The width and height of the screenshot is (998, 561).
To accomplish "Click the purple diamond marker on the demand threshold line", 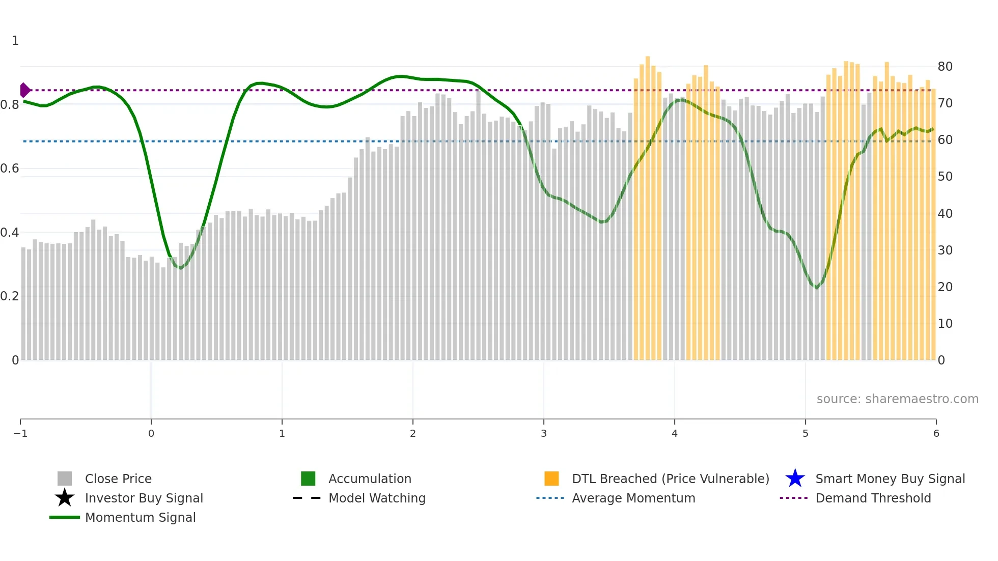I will [x=24, y=90].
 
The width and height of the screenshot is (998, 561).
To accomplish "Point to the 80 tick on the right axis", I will [x=945, y=67].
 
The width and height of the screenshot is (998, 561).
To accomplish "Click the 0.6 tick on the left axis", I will [x=10, y=169].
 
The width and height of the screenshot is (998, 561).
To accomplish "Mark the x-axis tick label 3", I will [x=544, y=433].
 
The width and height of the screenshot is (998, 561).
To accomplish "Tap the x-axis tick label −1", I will [x=20, y=433].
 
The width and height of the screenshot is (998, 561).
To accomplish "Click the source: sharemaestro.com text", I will [x=897, y=399].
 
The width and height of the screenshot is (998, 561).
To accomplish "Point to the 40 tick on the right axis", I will [x=945, y=214].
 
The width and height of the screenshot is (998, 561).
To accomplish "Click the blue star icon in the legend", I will [x=795, y=479].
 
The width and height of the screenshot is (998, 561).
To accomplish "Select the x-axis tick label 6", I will [x=936, y=433].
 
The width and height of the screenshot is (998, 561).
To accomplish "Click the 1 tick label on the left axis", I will [x=15, y=41].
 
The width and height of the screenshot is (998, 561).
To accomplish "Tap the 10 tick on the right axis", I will [x=945, y=324].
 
